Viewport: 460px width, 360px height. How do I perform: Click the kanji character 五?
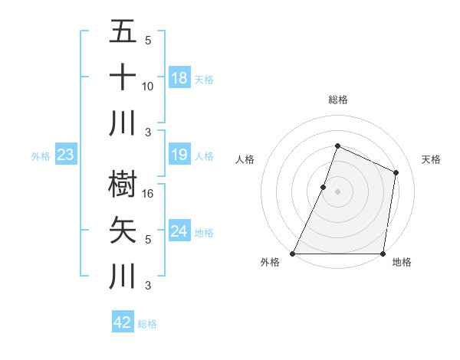click(x=123, y=32)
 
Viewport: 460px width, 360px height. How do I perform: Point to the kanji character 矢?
click(x=123, y=230)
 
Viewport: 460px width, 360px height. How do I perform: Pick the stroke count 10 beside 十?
click(x=147, y=87)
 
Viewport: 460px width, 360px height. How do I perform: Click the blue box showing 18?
click(x=179, y=77)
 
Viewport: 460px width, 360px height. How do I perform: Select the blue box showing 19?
click(x=179, y=155)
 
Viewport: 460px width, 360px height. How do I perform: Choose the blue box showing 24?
click(x=179, y=231)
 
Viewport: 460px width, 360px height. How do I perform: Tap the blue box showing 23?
click(x=66, y=155)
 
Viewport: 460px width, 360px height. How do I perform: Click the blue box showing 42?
click(x=123, y=322)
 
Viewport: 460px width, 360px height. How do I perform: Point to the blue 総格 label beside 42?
click(x=148, y=324)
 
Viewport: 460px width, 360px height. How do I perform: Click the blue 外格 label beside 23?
click(x=41, y=156)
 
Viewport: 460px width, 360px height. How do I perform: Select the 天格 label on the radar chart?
click(x=431, y=159)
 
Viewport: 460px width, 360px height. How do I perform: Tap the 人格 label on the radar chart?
click(x=245, y=159)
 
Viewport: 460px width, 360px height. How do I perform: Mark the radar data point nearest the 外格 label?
click(x=293, y=254)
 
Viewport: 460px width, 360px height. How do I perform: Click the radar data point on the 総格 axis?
click(x=337, y=146)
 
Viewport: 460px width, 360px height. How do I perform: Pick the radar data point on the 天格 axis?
click(x=396, y=172)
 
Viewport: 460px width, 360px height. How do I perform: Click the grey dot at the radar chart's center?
click(x=337, y=191)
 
